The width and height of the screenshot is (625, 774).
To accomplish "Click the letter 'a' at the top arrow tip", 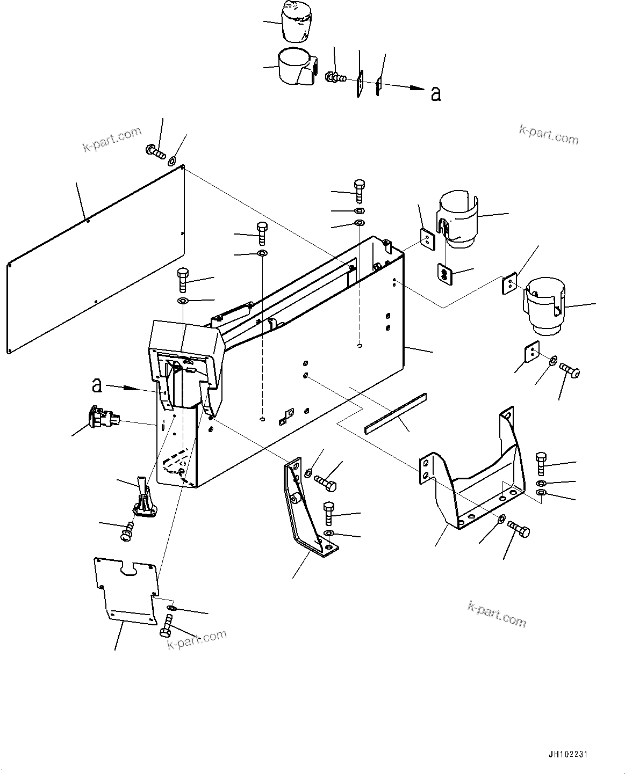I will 436,94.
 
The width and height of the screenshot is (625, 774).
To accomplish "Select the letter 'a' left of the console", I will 97,385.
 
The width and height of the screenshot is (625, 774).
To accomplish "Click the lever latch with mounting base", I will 142,500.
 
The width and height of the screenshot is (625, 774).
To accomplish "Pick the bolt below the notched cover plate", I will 166,626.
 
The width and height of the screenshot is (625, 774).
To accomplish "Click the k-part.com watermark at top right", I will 549,135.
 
